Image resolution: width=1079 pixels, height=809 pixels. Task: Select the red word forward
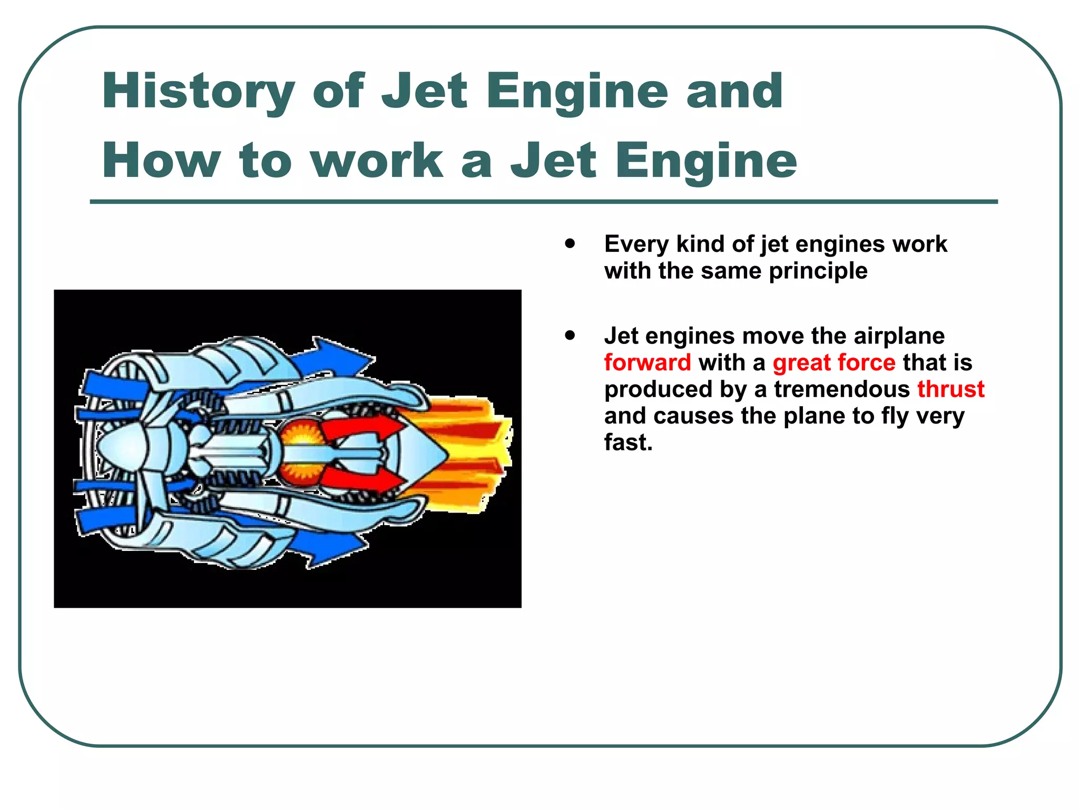coord(647,363)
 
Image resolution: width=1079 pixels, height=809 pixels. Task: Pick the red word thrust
coord(950,389)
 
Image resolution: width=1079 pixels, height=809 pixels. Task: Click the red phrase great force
coord(833,363)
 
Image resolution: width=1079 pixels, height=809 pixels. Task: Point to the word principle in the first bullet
coord(818,271)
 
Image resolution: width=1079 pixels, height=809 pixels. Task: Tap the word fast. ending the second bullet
coord(628,443)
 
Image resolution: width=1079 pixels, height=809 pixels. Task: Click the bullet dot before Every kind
coord(570,244)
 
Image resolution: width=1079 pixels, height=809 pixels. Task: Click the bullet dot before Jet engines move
coord(570,336)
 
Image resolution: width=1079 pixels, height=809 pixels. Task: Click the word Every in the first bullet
coord(636,244)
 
